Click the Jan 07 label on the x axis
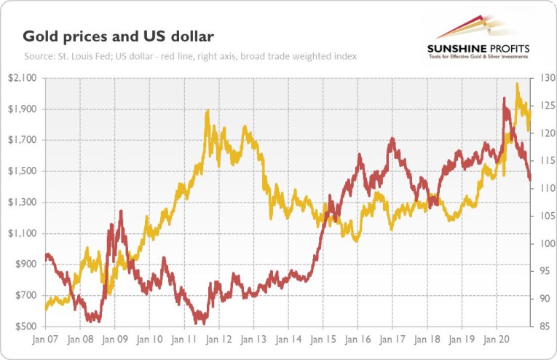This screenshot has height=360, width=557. click(x=46, y=340)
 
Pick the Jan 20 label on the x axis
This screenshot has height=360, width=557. click(x=497, y=340)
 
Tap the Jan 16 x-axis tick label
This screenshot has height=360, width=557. click(x=357, y=340)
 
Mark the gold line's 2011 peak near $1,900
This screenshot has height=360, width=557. click(x=208, y=111)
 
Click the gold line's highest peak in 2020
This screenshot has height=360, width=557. click(x=517, y=84)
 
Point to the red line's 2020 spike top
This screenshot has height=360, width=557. click(x=504, y=98)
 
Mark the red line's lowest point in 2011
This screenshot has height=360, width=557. click(x=200, y=322)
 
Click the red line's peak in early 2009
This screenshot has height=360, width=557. click(x=120, y=211)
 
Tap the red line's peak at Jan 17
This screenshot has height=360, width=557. click(x=392, y=138)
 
